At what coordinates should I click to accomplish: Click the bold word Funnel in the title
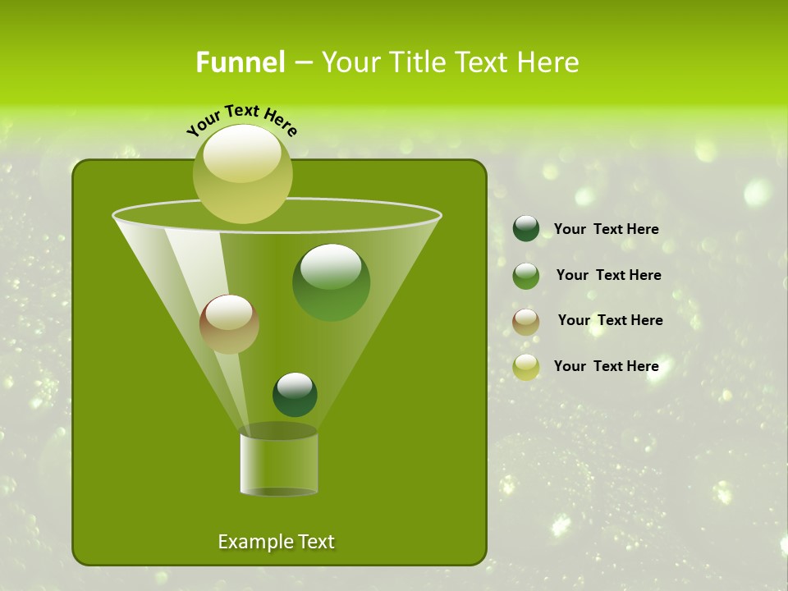click(240, 62)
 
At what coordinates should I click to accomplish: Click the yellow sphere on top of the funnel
click(243, 174)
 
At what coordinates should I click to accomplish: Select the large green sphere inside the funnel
click(331, 282)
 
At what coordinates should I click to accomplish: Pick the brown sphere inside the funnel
click(229, 324)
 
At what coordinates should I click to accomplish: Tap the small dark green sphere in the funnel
click(295, 394)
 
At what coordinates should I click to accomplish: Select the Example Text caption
click(276, 542)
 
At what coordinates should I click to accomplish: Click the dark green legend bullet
click(525, 229)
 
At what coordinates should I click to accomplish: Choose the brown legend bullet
click(525, 321)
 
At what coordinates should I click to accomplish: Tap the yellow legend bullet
click(525, 367)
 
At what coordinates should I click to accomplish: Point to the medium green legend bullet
click(525, 275)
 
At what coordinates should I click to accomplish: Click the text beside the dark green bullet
click(606, 229)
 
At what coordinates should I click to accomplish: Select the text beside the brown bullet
click(610, 320)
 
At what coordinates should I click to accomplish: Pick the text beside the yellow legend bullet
click(606, 366)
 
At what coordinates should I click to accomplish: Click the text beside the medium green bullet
click(608, 275)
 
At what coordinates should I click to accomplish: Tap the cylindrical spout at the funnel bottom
click(278, 464)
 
